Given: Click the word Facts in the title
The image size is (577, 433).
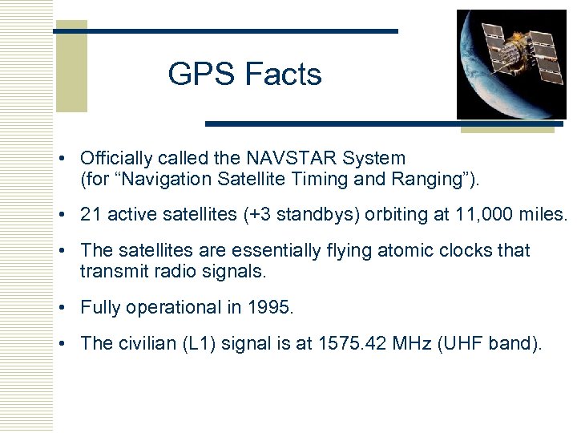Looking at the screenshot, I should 283,75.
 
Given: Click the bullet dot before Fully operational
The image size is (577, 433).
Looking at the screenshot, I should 71,308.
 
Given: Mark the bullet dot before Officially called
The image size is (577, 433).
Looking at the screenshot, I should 71,159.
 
